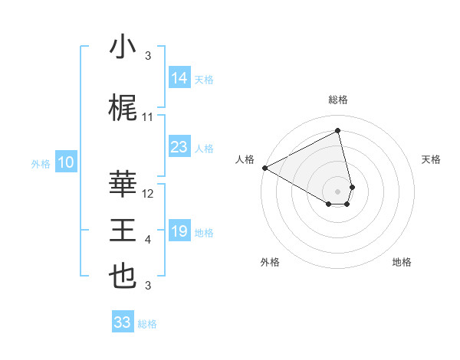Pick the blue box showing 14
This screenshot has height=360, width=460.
pos(179,77)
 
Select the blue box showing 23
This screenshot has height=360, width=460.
pos(179,147)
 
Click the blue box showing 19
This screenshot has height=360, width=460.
pos(179,231)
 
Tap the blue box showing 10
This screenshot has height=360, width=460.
pos(65,162)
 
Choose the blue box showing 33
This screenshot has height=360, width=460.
pos(122,322)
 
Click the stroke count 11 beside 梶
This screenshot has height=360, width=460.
pos(148,117)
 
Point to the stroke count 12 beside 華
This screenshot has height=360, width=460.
pos(148,194)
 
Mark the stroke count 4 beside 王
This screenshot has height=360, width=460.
pos(148,240)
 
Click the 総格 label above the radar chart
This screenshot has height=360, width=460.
pos(338,100)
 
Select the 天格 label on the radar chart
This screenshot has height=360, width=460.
pos(431,159)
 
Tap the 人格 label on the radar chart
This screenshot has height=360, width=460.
pos(245,159)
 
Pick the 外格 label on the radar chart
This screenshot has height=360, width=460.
pos(270,262)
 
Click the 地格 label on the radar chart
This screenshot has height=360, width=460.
pos(402,262)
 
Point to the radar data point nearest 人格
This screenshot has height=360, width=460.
pos(264,168)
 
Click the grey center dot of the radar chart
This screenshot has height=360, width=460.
pos(338,190)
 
